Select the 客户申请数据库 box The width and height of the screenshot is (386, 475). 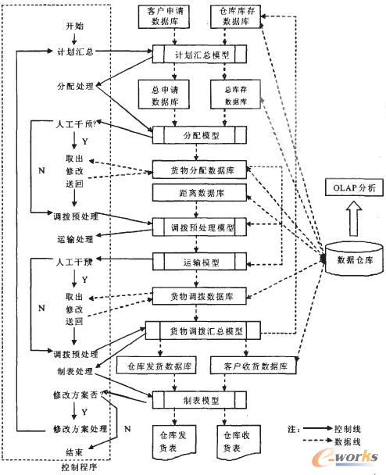coord(163,17)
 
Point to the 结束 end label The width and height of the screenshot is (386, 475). coord(75,452)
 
